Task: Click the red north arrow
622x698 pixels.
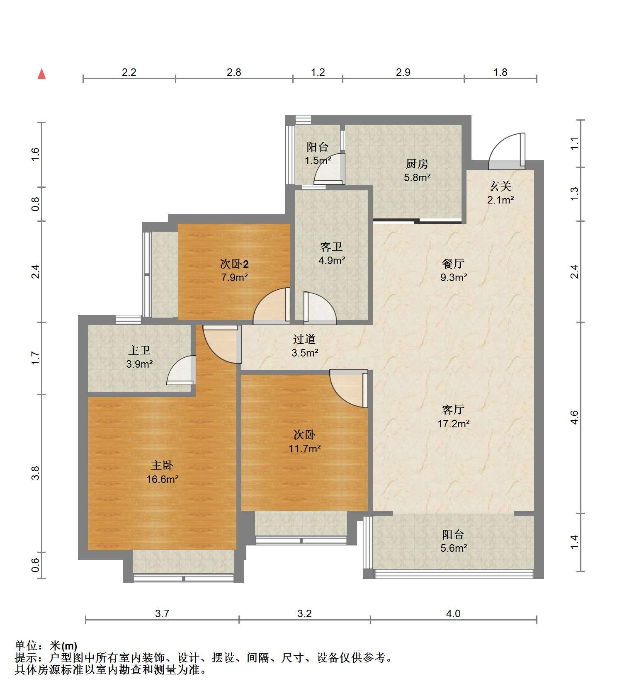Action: [x=41, y=74]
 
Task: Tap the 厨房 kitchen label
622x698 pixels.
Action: [x=417, y=164]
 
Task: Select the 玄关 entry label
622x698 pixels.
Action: [x=500, y=187]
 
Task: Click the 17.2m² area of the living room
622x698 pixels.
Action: [x=453, y=424]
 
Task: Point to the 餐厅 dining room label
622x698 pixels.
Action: [x=453, y=264]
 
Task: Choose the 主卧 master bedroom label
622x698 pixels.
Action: [x=162, y=465]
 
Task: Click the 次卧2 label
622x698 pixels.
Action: [x=234, y=264]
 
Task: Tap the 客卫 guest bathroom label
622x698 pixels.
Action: [x=331, y=247]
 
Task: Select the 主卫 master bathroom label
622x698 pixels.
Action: [x=139, y=350]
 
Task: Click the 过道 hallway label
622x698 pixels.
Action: [x=304, y=339]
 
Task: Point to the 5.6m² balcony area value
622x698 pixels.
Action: [x=454, y=548]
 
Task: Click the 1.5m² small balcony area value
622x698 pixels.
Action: [x=318, y=160]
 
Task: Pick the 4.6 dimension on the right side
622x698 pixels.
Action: [x=574, y=417]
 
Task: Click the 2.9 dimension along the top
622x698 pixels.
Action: [x=403, y=72]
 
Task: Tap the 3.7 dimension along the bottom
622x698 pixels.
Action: [x=162, y=613]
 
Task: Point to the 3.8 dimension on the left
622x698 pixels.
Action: [x=36, y=473]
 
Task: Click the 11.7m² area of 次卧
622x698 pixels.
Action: [x=305, y=448]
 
